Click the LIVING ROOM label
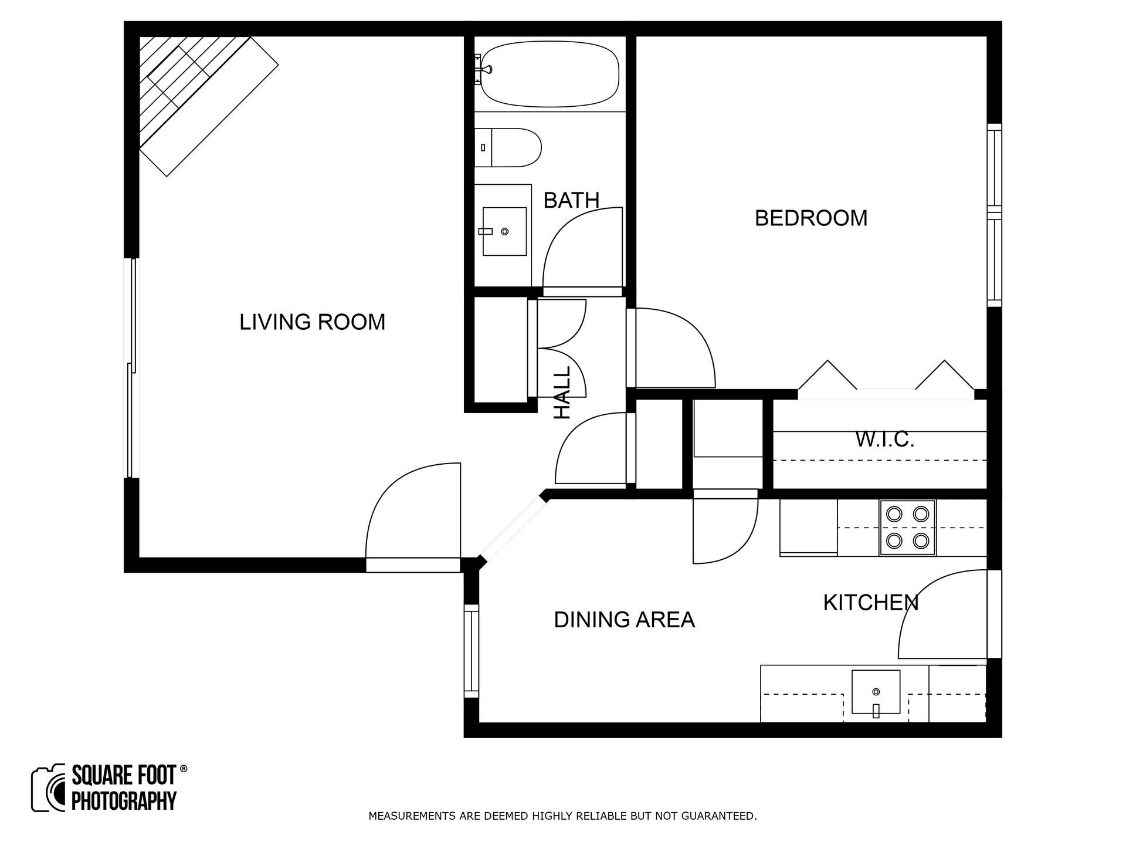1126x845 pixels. pos(312,322)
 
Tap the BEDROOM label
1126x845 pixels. pos(810,218)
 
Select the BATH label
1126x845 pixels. pos(571,201)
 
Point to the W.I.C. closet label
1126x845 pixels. pos(884,439)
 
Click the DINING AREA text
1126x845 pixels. pos(624,620)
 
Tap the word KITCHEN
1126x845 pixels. pos(870,603)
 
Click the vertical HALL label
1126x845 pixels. pos(562,393)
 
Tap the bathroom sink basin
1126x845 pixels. pos(504,231)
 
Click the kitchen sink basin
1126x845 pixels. pos(876,691)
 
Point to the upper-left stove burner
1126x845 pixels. pos(894,514)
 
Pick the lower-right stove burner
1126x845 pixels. pos(921,540)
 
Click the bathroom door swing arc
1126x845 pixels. pos(581,246)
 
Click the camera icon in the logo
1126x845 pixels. pos(49,788)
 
